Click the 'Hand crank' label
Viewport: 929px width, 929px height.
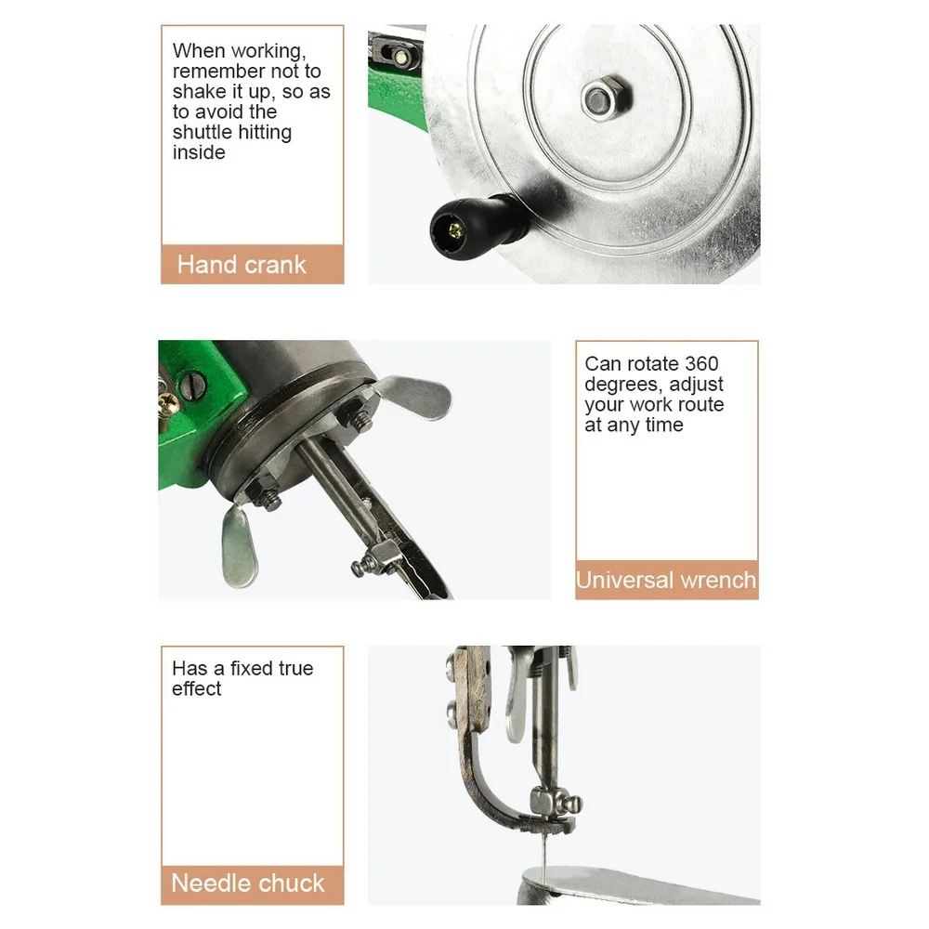[x=242, y=265]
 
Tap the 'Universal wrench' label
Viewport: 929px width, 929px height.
[x=666, y=580]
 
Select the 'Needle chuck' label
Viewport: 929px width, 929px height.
[x=248, y=883]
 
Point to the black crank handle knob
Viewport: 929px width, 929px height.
[x=468, y=225]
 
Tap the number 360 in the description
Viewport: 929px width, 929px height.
[x=701, y=363]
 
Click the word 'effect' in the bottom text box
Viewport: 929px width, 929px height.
[x=197, y=688]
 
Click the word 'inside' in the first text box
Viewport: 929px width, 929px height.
[x=199, y=152]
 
